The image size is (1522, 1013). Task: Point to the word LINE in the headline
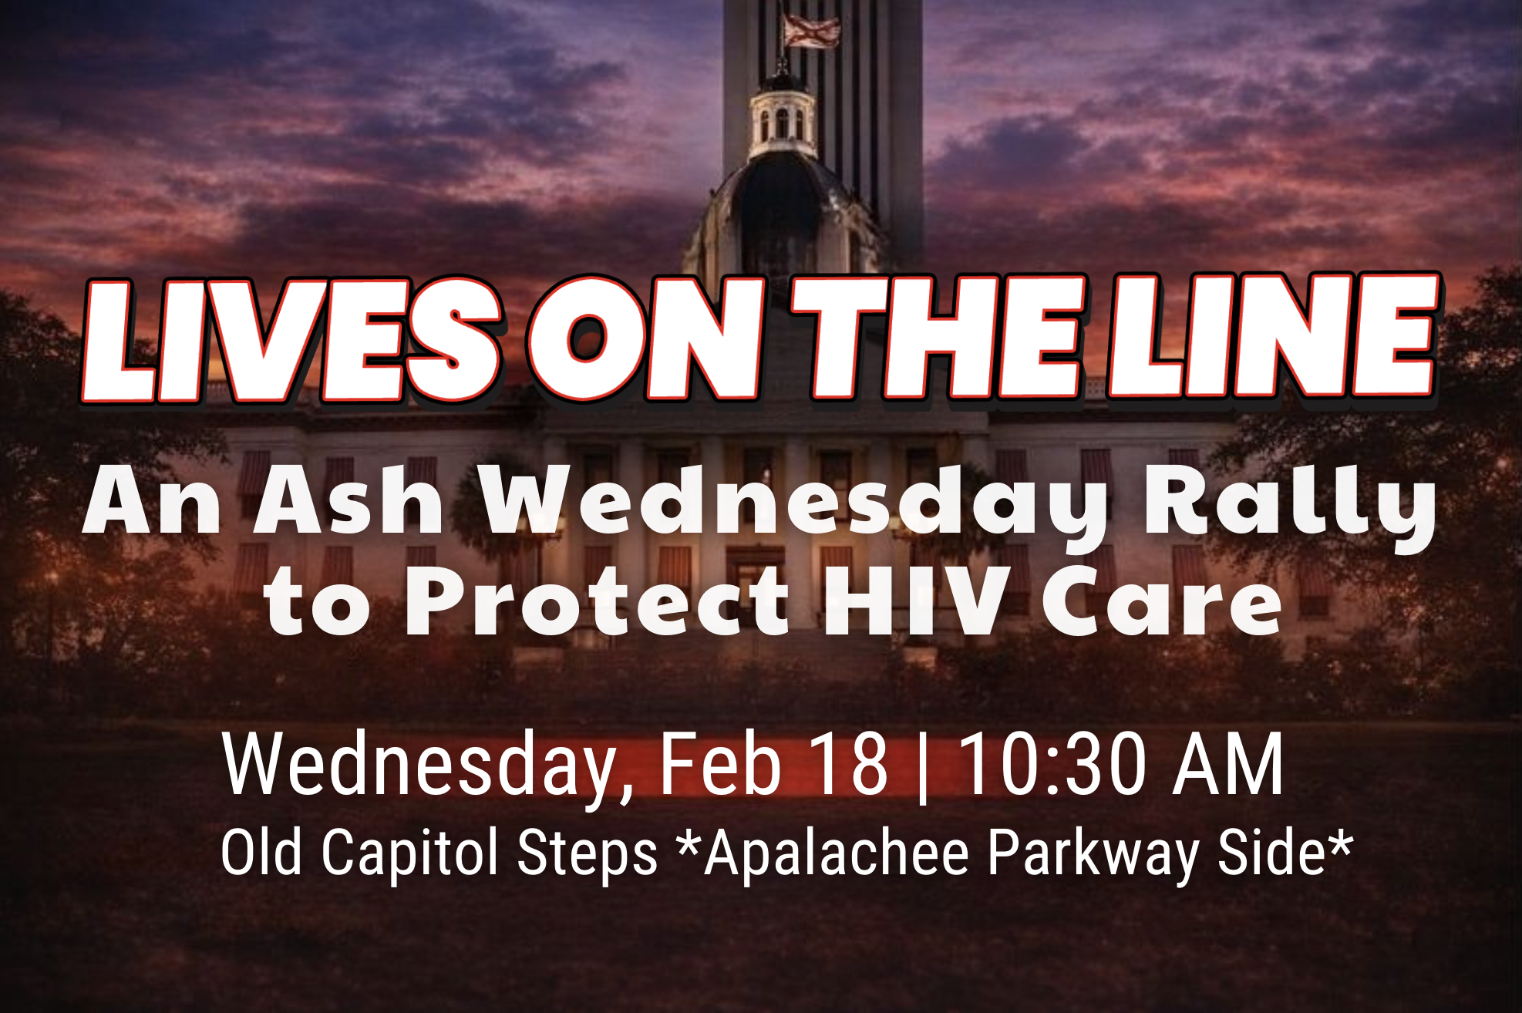point(1272,336)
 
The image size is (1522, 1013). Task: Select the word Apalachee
point(836,853)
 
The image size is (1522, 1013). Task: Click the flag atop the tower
point(811,31)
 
